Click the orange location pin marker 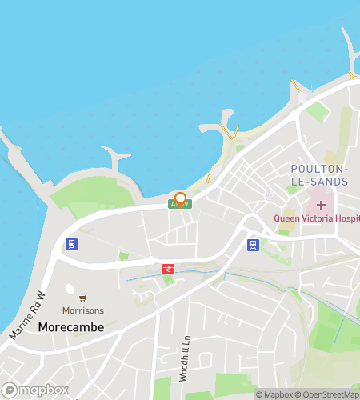(180, 198)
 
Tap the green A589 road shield (180, 205)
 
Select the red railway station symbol (169, 270)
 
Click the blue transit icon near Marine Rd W (71, 245)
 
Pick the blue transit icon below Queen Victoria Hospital (253, 245)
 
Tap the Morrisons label (84, 310)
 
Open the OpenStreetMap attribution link (327, 394)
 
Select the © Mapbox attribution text (274, 394)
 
